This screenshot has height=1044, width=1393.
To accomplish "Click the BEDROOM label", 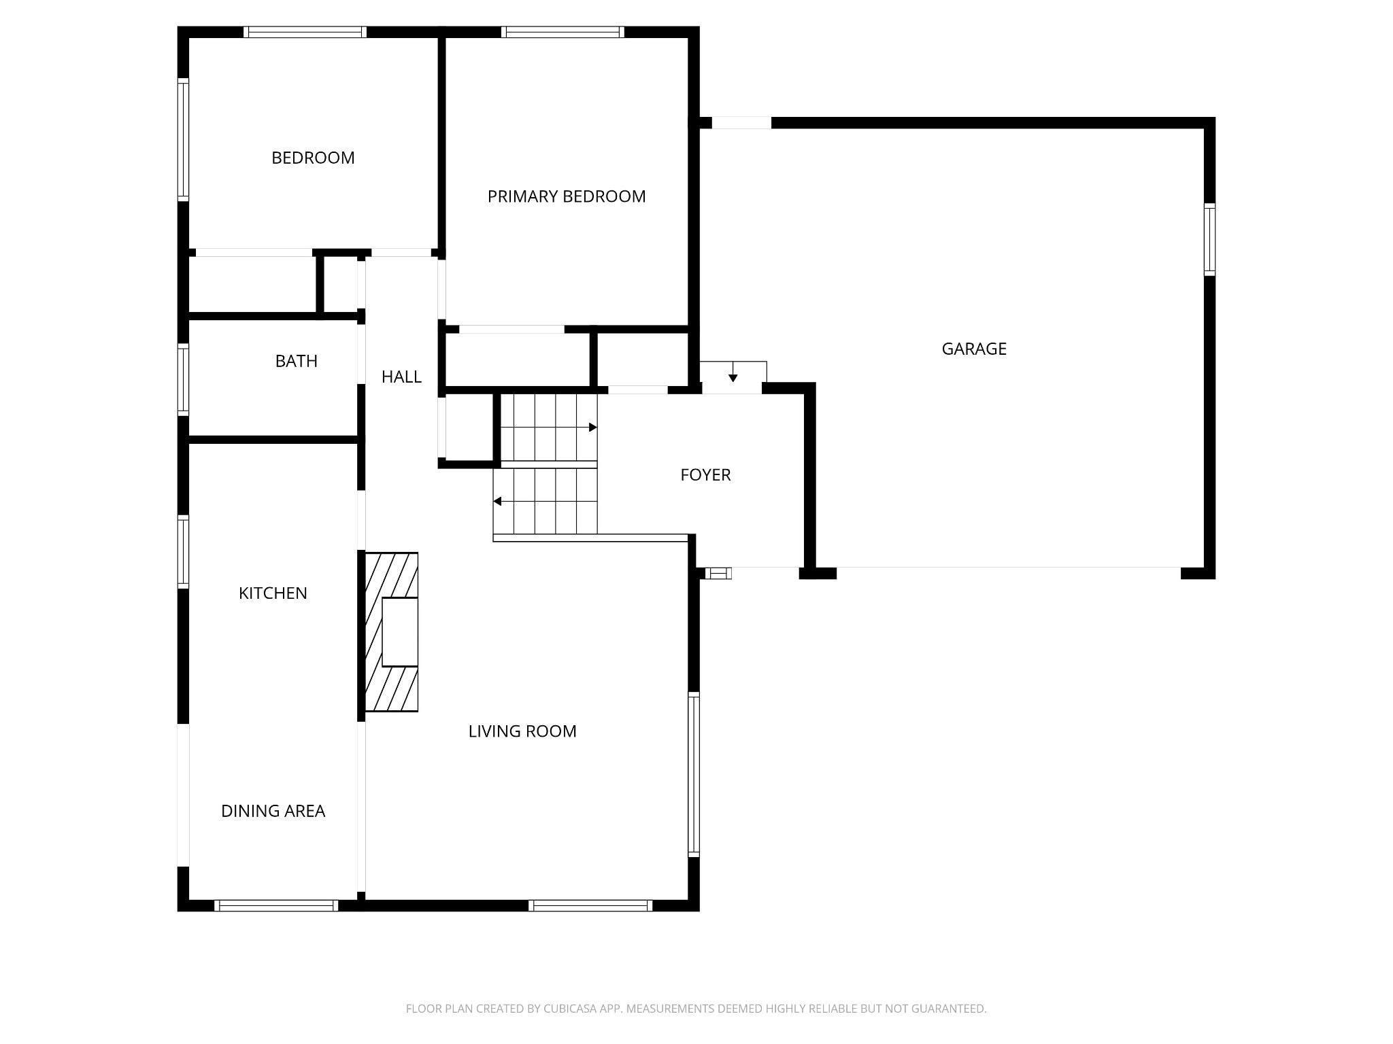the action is click(313, 158).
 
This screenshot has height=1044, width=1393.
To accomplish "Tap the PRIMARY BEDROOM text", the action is click(567, 196).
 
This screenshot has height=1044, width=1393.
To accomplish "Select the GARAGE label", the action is click(974, 349).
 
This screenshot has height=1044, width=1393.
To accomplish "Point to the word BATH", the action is click(297, 361).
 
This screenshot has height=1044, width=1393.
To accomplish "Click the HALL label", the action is click(401, 377).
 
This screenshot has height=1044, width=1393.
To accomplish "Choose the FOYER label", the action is click(705, 474).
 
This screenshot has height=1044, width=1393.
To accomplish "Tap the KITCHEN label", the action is click(273, 593).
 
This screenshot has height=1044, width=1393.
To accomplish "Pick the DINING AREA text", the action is click(273, 811).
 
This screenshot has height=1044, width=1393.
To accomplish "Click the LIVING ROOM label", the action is click(522, 731).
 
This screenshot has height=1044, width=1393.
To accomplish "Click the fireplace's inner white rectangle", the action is click(400, 632).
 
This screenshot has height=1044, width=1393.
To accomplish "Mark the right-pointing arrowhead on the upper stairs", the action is click(593, 428).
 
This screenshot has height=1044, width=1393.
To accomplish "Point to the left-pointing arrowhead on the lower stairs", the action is click(497, 502).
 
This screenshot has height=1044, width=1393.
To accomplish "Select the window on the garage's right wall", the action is click(1209, 239).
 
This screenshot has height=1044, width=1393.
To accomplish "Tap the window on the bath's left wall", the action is click(183, 379).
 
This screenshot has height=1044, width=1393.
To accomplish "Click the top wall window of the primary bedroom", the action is click(563, 32).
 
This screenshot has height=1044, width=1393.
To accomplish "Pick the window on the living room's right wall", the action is click(694, 774).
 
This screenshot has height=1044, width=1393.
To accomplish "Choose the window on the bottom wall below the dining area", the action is click(276, 905).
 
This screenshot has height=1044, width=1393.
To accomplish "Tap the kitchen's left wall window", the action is click(183, 552).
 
